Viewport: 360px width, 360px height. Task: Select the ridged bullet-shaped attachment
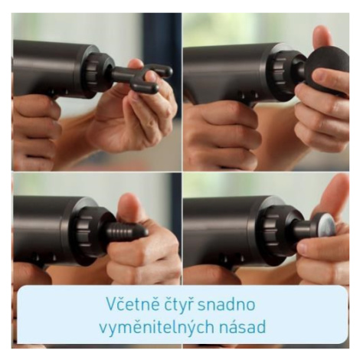point(128,231)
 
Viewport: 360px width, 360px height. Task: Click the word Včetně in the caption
point(129,304)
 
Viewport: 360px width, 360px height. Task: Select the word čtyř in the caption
point(175,304)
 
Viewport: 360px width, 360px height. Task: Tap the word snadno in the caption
point(226,304)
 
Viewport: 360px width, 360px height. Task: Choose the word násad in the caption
point(242,327)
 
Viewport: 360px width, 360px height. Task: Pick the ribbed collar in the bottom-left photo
point(83,232)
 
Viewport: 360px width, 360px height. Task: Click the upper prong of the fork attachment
point(159,70)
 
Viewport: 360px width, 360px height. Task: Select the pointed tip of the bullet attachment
point(145,232)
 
